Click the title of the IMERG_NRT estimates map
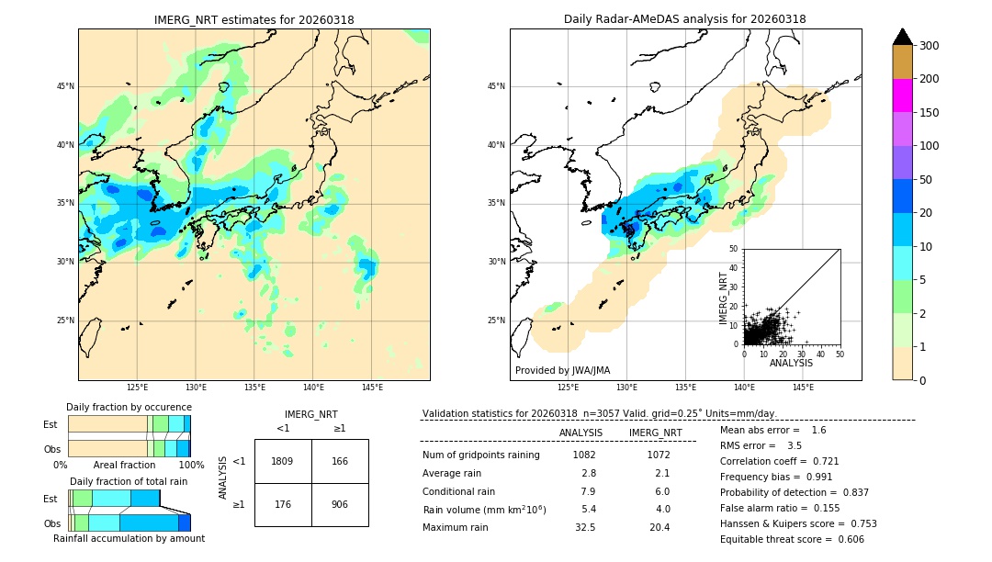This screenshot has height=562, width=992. coord(254,19)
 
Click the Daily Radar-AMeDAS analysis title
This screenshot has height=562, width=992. coord(684,19)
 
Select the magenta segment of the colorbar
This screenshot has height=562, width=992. coord(902,96)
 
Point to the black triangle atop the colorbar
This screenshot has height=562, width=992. coord(902,37)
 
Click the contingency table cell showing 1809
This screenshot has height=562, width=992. coord(283,461)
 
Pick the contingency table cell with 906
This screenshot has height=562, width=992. coord(340,504)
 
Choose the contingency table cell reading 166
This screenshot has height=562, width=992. coord(340,461)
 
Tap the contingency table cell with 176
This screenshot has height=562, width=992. coord(283,504)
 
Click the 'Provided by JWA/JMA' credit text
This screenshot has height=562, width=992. coord(562,370)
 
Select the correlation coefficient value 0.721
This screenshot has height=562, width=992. coord(821,461)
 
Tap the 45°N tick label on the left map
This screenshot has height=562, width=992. coord(64,86)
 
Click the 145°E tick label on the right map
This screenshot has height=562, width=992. coord(803,388)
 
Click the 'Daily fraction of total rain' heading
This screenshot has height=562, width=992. coord(129,481)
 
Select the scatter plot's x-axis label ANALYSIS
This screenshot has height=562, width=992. coord(792,363)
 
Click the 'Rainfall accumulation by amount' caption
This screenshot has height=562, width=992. coord(129,538)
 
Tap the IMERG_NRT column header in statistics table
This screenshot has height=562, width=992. coord(655,433)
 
